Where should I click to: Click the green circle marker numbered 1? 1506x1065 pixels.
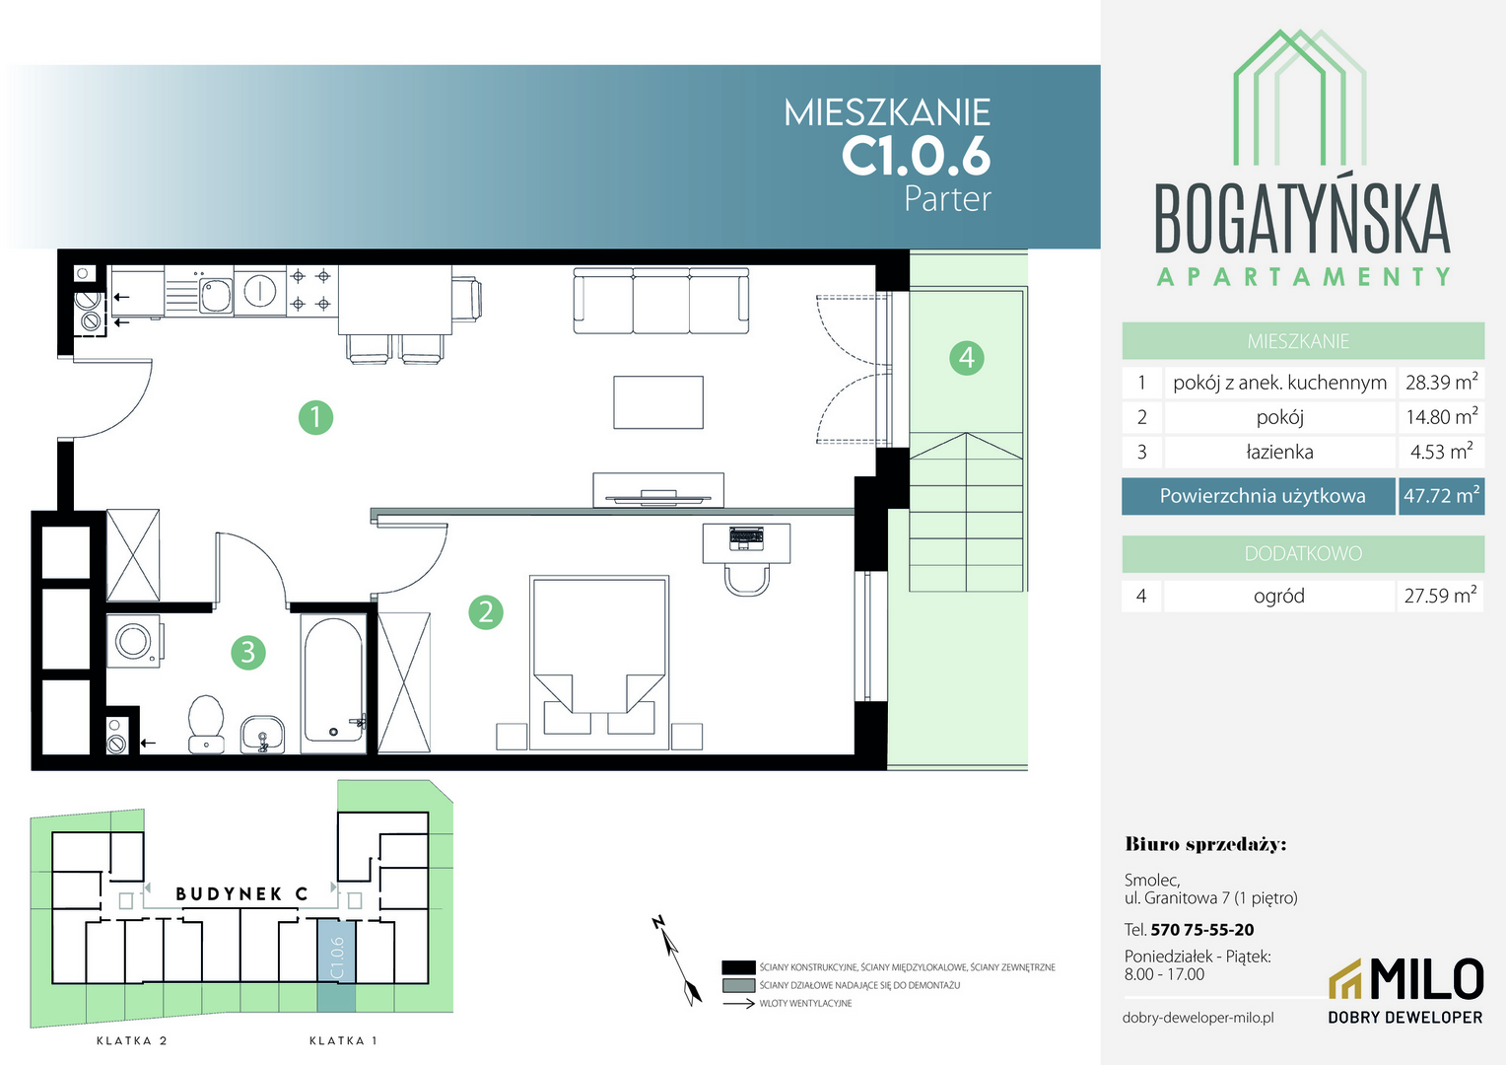[x=315, y=418]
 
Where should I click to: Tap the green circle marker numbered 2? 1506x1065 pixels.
[x=486, y=612]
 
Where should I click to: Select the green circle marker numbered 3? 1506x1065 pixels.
[x=248, y=653]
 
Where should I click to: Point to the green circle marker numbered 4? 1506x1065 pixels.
[x=966, y=358]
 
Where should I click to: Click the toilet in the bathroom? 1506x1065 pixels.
[x=206, y=724]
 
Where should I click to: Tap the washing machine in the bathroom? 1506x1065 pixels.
[x=134, y=641]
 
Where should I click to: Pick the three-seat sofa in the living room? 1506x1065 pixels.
[x=661, y=301]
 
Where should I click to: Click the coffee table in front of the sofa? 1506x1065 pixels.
[x=658, y=402]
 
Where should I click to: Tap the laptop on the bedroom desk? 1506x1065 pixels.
[x=746, y=537]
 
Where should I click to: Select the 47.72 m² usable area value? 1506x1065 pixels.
[x=1442, y=496]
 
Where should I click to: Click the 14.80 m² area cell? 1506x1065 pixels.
[x=1442, y=417]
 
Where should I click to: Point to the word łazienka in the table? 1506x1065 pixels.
[x=1279, y=452]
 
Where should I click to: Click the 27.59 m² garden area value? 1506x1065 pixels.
[x=1440, y=596]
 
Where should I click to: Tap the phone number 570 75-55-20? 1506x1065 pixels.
[x=1202, y=930]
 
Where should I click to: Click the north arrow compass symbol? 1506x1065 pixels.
[x=678, y=960]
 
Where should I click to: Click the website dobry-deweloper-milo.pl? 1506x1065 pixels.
[x=1198, y=1018]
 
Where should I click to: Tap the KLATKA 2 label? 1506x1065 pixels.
[x=132, y=1040]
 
